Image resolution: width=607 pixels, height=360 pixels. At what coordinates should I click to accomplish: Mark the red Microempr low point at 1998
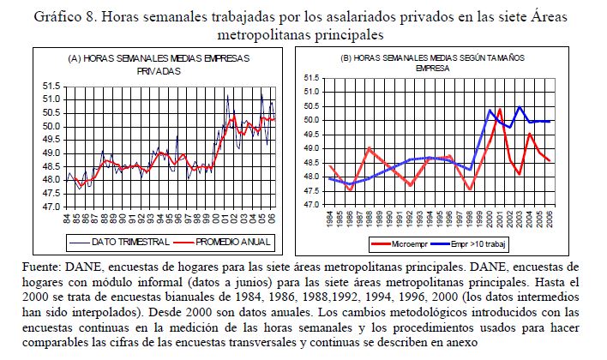(x=470, y=189)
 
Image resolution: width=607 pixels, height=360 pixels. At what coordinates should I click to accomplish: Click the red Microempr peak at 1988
(x=369, y=149)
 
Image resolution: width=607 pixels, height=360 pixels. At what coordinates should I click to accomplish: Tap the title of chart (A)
(x=159, y=64)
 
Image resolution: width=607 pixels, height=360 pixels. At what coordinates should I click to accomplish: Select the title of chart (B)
(x=433, y=62)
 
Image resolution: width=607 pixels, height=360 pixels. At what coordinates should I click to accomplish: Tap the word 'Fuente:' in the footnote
(x=39, y=268)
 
